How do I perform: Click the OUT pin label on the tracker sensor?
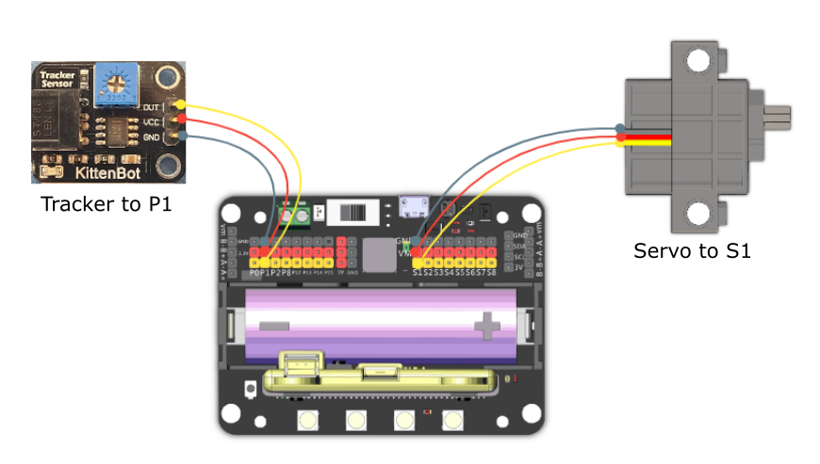tap(151, 106)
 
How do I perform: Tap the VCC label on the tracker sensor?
tap(151, 121)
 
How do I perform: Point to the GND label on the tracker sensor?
tap(151, 136)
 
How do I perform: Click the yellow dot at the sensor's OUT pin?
tap(180, 105)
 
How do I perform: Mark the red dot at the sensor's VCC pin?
tap(180, 120)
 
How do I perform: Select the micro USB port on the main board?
tap(412, 206)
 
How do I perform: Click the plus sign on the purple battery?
tap(487, 327)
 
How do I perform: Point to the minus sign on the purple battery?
tap(274, 326)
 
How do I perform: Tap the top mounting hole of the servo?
tap(697, 62)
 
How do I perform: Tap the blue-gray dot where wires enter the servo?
tap(620, 128)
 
